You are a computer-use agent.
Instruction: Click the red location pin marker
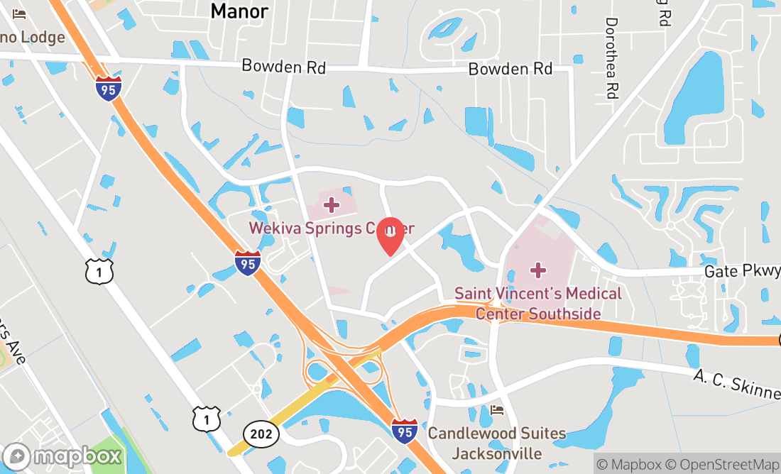(390, 236)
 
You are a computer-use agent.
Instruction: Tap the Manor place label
(240, 11)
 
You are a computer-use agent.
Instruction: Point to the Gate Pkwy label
(742, 271)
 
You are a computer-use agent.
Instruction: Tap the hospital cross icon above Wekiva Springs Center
(331, 206)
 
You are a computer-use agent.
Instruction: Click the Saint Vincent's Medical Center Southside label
(537, 303)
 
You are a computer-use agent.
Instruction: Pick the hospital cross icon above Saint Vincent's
(538, 270)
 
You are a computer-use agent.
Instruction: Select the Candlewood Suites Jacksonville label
(496, 443)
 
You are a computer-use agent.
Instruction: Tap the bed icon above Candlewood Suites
(497, 411)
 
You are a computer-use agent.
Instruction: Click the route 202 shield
(261, 434)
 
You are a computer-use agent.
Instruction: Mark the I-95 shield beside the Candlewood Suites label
(404, 431)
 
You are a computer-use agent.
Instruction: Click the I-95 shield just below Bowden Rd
(109, 88)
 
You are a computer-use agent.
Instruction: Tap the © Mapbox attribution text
(629, 465)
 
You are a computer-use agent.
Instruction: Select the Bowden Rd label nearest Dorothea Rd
(510, 69)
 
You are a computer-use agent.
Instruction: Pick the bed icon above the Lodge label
(19, 14)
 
